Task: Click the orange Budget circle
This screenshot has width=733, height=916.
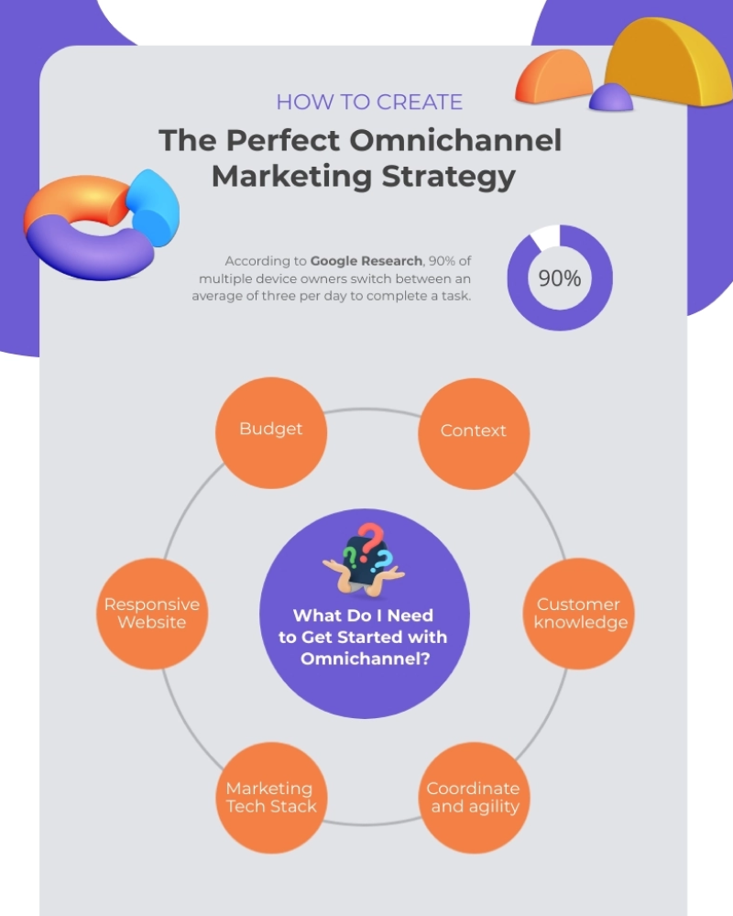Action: pyautogui.click(x=271, y=433)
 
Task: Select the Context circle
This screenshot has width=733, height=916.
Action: pyautogui.click(x=474, y=433)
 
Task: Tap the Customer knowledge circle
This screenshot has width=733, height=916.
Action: pyautogui.click(x=579, y=614)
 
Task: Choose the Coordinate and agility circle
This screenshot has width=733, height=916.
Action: pyautogui.click(x=474, y=798)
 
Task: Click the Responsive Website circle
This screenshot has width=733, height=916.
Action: pyautogui.click(x=152, y=614)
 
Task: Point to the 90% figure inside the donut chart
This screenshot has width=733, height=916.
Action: pyautogui.click(x=560, y=278)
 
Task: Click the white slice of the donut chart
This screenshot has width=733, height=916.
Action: pyautogui.click(x=546, y=235)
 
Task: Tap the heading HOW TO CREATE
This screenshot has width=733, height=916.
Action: pyautogui.click(x=369, y=103)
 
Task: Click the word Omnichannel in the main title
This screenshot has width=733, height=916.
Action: pyautogui.click(x=455, y=140)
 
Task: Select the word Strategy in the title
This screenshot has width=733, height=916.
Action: pyautogui.click(x=448, y=178)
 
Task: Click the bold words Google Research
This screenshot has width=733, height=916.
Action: pyautogui.click(x=366, y=260)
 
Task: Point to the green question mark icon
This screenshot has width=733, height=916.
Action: pyautogui.click(x=350, y=558)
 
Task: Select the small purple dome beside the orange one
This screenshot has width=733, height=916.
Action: pyautogui.click(x=611, y=98)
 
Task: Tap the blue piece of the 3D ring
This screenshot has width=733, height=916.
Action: pyautogui.click(x=153, y=207)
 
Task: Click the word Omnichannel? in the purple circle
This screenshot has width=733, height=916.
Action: pyautogui.click(x=366, y=659)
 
